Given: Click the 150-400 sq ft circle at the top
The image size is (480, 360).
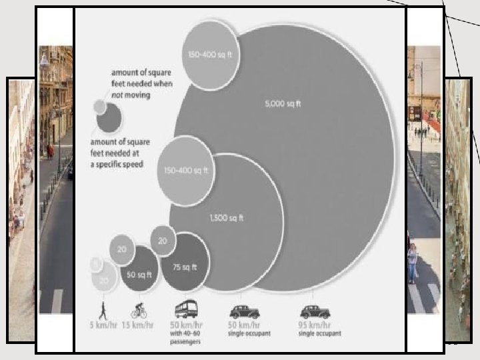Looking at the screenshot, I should [211, 53].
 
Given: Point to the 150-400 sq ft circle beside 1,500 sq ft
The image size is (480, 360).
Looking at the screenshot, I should [186, 171].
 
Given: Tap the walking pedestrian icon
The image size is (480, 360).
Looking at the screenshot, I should [103, 311].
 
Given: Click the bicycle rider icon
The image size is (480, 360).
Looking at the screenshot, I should [139, 311].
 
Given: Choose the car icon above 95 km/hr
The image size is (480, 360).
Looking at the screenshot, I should [315, 311].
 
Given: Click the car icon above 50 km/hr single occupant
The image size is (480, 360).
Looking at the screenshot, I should [244, 311].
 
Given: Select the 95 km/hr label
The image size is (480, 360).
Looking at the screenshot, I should [315, 325].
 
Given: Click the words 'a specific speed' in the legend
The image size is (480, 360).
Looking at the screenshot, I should [117, 164].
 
